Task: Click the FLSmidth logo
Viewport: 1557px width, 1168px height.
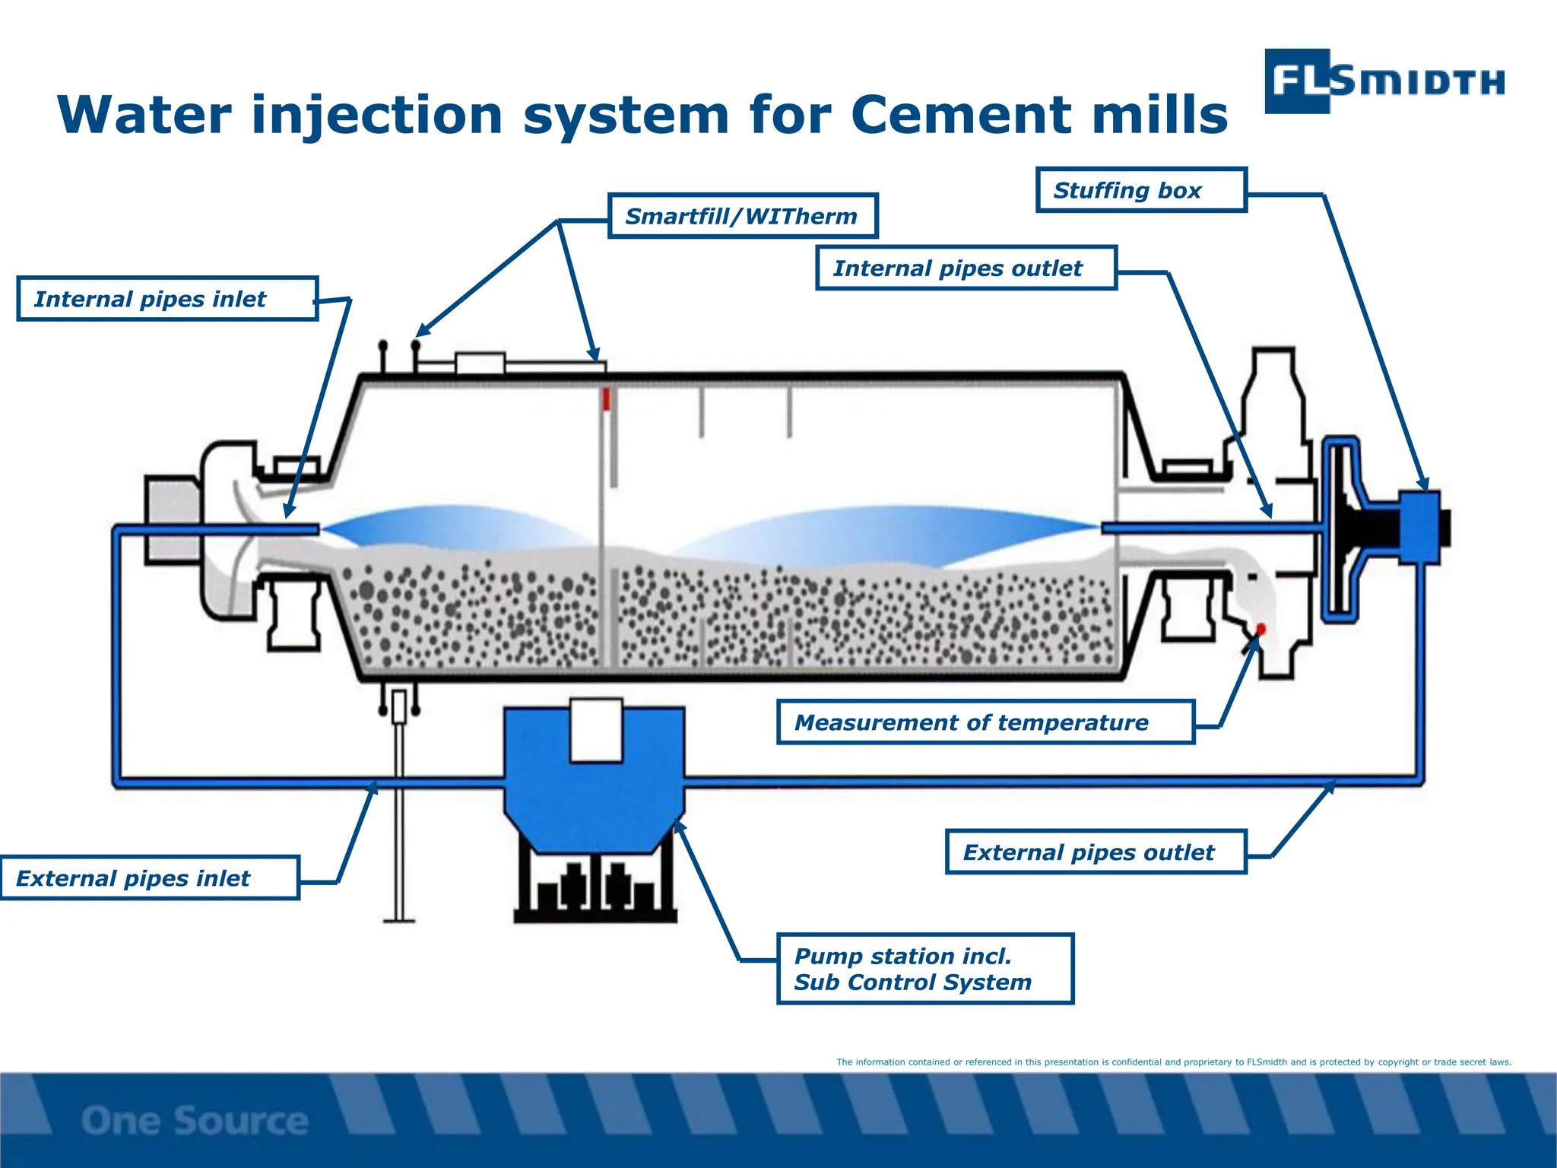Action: tap(1384, 81)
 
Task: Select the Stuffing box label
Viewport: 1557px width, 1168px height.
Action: tap(1140, 190)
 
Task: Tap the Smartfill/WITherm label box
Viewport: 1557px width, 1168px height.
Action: tap(742, 217)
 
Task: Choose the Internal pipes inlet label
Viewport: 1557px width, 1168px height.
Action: tap(166, 299)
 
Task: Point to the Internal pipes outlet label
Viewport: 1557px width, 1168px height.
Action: tap(966, 268)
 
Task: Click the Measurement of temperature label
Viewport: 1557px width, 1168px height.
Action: tap(985, 722)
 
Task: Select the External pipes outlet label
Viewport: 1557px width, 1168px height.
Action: tap(1095, 852)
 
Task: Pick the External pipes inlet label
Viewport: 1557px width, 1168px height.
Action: tap(149, 878)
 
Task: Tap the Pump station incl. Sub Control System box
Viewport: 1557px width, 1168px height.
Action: tap(924, 969)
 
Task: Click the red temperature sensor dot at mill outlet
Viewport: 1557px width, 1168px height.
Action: tap(1261, 629)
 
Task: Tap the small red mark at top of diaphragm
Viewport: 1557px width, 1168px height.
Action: tap(607, 399)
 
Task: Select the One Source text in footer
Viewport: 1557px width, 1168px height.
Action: tap(195, 1121)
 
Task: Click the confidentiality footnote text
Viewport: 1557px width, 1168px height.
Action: tap(1173, 1062)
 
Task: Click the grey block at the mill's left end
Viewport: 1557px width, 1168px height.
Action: tap(172, 521)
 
